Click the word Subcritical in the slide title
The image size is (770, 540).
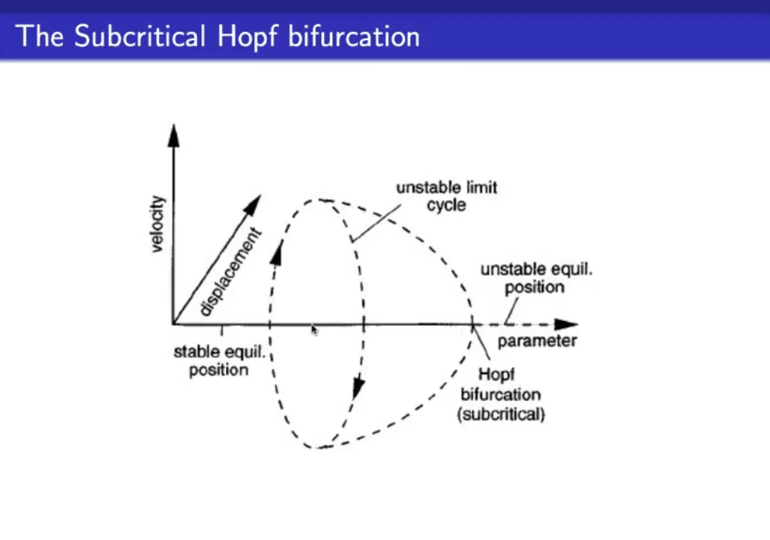point(140,36)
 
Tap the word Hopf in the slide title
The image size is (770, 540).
point(247,37)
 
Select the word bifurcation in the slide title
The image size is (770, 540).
point(354,36)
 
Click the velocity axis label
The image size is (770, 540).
point(158,224)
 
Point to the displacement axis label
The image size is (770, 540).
point(230,271)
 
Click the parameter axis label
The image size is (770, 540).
point(537,341)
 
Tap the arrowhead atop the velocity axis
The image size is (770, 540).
point(173,135)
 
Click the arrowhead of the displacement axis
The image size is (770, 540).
point(253,205)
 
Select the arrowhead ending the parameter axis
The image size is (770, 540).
point(566,324)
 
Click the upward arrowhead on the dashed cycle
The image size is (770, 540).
point(277,253)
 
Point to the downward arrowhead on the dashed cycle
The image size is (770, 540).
point(358,388)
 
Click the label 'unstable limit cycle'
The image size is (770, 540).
point(447,196)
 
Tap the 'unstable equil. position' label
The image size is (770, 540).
point(537,278)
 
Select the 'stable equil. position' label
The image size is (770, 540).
point(219,360)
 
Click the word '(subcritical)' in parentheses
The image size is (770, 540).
point(501,414)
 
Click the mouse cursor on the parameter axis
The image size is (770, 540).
point(314,329)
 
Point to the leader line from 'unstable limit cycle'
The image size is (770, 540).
point(376,224)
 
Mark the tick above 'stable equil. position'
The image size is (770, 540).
point(222,330)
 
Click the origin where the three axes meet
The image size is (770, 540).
point(173,324)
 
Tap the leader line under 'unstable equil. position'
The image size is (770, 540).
point(511,311)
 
